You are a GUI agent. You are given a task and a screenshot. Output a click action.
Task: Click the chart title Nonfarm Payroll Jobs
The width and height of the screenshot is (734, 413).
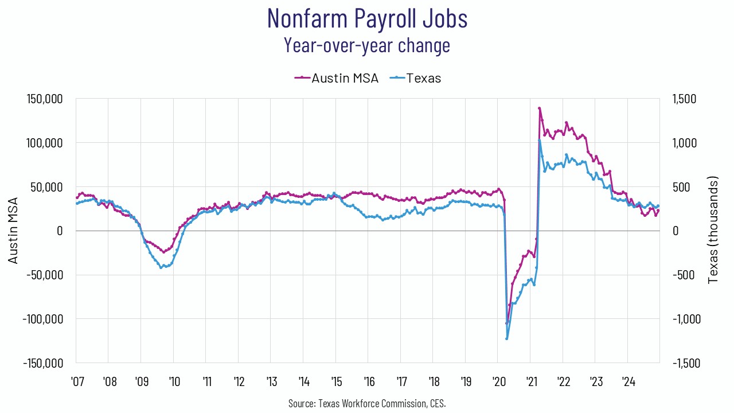coord(367,18)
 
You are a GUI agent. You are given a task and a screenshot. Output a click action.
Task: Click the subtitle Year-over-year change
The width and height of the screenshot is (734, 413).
coord(367,45)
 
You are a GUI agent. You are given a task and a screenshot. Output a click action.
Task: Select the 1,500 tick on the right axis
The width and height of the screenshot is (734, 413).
coord(685,99)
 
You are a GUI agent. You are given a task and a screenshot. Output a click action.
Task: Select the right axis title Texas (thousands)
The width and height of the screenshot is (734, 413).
coord(713,231)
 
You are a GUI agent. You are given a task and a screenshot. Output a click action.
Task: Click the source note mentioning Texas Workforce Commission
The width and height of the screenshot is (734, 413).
coord(367,403)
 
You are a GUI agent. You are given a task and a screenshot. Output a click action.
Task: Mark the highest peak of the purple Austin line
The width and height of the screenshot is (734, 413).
coord(540,108)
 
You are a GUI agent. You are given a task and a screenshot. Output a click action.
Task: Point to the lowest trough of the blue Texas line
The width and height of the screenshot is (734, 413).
coord(507,338)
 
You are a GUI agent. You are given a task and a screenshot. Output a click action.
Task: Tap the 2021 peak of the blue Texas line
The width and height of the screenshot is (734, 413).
coord(540,141)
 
